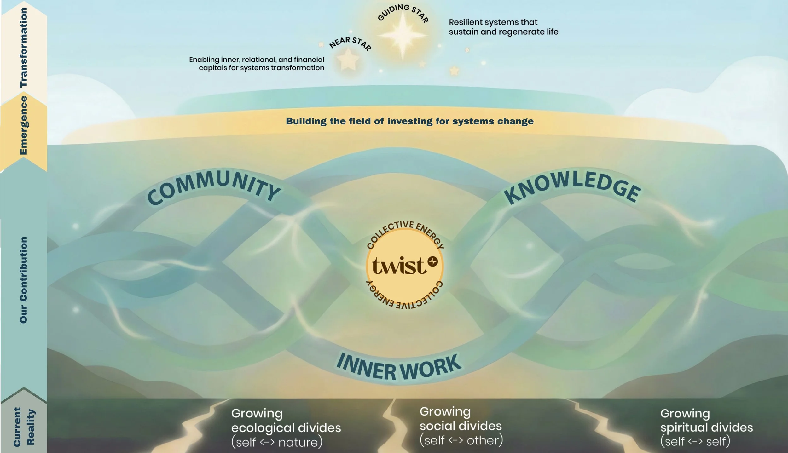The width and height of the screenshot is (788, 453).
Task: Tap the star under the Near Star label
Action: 348,59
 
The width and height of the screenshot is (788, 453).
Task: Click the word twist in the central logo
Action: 399,266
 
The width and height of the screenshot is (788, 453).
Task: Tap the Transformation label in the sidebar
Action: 24,47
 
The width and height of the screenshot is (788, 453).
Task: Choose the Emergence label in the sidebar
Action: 24,125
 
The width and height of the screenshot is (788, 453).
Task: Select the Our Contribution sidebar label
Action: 24,280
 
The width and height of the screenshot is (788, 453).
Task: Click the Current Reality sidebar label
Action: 24,427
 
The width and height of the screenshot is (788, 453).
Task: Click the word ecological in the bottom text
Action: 263,428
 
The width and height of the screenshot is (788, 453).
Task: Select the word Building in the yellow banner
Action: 306,121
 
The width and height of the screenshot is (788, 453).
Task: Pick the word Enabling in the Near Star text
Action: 204,60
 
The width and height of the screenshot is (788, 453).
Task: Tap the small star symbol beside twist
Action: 433,261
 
